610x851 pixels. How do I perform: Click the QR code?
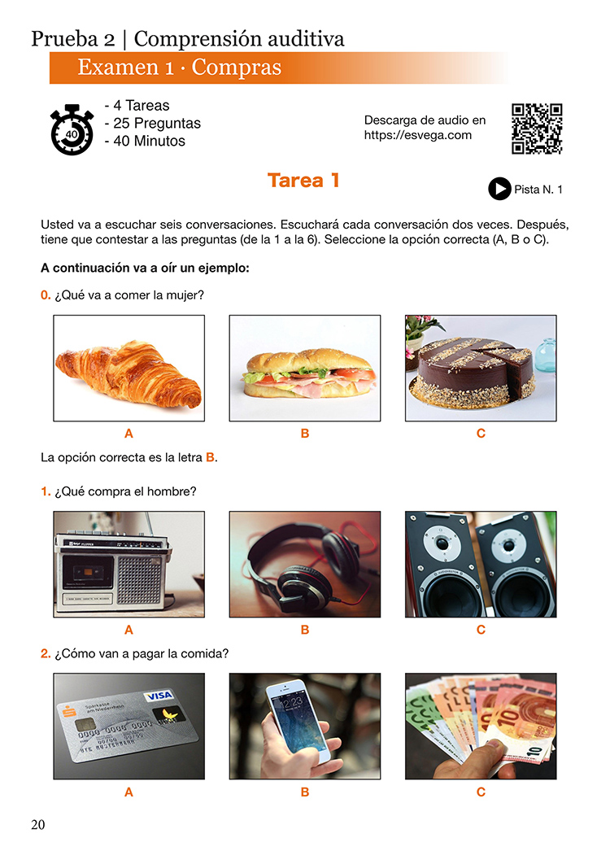tap(537, 129)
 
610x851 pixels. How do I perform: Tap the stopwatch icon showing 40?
tap(72, 129)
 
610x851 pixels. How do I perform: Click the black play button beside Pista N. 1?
tap(499, 189)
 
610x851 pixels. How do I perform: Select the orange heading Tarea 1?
tap(303, 180)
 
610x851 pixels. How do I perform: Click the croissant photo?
tap(129, 369)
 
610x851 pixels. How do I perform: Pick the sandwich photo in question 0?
tap(305, 369)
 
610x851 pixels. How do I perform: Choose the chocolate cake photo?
tap(481, 369)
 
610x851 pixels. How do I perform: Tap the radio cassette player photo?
tap(129, 565)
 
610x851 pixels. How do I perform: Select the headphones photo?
tap(305, 565)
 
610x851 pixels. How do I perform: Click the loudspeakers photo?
tap(481, 565)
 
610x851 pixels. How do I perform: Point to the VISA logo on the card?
tap(159, 696)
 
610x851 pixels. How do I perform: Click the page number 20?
tap(38, 825)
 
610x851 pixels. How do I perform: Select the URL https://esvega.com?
tap(418, 135)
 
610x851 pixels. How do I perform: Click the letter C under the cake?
tap(481, 434)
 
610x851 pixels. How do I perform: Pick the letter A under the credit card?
tap(129, 792)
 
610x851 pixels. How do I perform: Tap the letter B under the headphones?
tap(305, 630)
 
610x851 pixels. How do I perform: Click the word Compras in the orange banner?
tap(237, 68)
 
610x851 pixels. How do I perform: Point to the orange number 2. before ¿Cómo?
tap(46, 653)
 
